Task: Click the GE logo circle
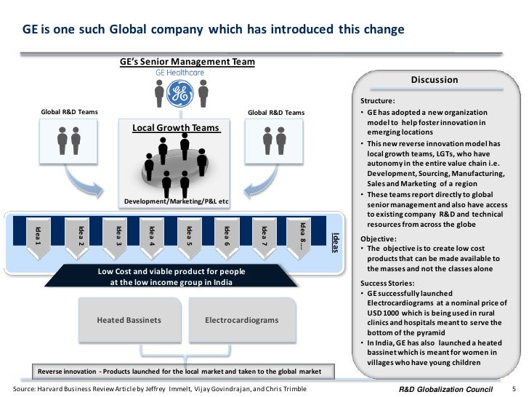point(179,92)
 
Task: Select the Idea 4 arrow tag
point(151,236)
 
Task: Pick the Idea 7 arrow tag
point(264,236)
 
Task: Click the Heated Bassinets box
point(129,320)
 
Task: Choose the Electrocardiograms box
point(241,320)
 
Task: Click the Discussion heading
point(435,80)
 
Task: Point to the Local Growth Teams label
point(176,128)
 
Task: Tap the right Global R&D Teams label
point(276,113)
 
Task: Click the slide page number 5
point(514,389)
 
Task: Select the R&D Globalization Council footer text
point(452,389)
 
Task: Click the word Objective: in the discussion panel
point(379,238)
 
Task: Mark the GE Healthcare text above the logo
point(179,73)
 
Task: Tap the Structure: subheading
point(378,101)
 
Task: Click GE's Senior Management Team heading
point(187,62)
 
